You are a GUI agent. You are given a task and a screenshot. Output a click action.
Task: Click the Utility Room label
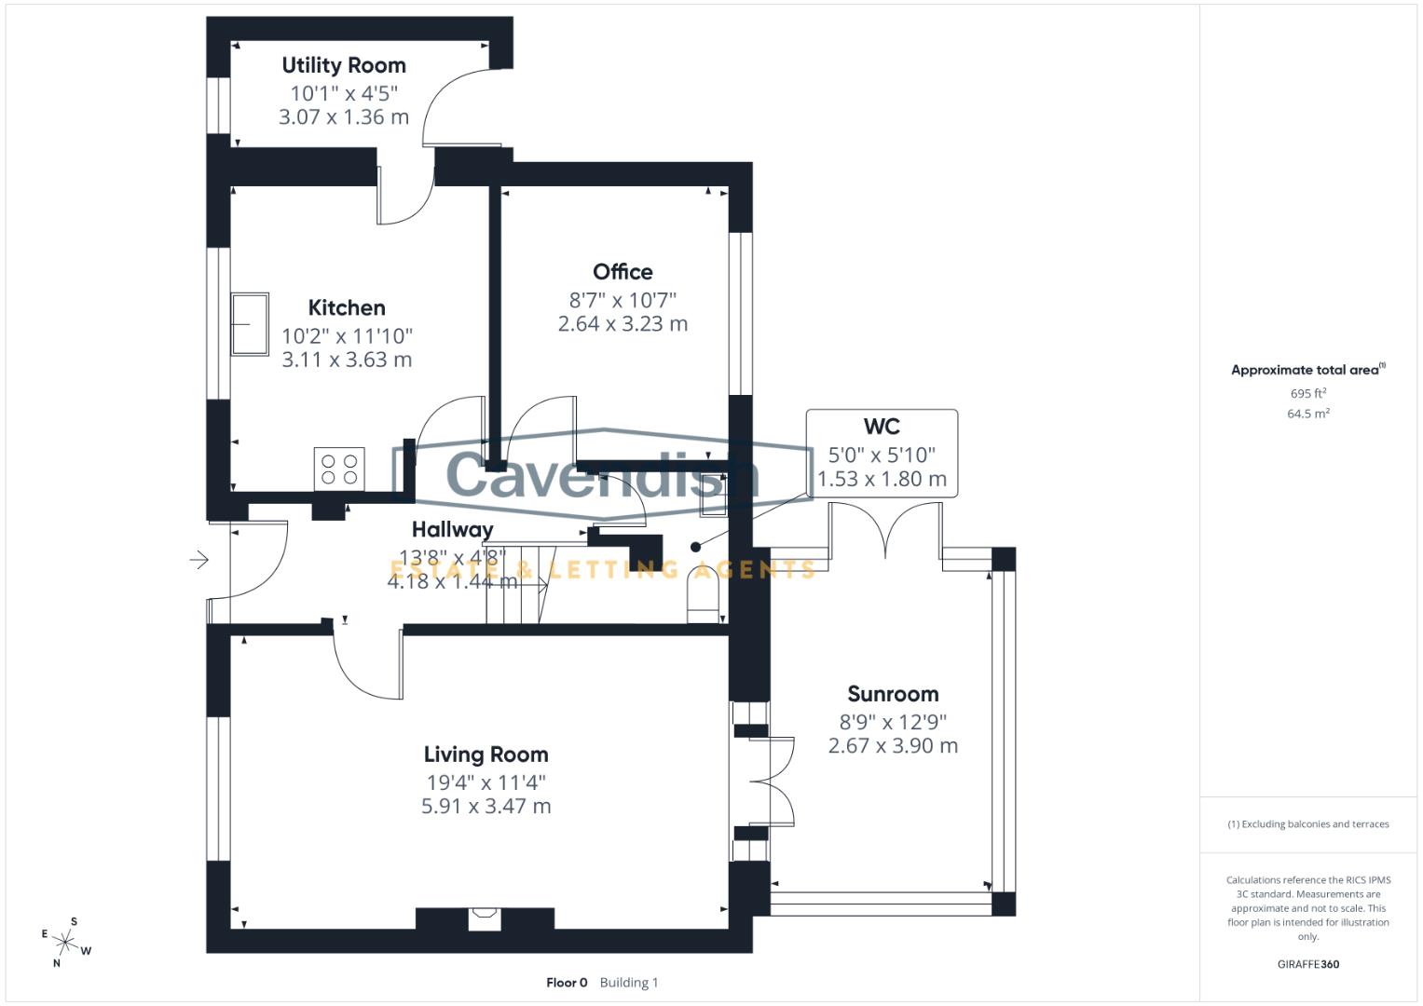pos(344,65)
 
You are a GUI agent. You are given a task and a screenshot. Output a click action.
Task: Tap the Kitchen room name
pos(347,307)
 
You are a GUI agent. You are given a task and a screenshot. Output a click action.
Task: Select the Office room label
pos(623,272)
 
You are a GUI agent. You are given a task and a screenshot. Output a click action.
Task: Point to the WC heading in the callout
pos(882,427)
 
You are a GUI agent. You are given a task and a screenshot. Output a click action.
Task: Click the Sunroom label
pos(893,694)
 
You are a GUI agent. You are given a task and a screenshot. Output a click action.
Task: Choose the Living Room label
pos(486,754)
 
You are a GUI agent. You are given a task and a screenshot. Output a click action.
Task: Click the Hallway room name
pos(453,529)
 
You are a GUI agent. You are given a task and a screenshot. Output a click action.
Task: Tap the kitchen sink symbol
pos(250,324)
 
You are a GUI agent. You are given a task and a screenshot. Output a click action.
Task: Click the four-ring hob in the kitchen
pos(339,469)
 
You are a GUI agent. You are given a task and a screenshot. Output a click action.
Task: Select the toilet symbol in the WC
pos(705,592)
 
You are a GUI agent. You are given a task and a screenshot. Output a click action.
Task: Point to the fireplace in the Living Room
pos(485,918)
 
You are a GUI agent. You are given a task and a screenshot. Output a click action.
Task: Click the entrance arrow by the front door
pos(198,560)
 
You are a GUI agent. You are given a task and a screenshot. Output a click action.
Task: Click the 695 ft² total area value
pos(1307,394)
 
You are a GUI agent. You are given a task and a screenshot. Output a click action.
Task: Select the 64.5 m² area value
pos(1307,414)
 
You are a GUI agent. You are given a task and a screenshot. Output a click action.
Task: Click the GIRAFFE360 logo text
pos(1307,964)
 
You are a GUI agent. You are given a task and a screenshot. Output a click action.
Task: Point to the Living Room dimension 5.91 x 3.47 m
pos(486,807)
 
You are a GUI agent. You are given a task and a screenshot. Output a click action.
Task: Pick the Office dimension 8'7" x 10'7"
pos(623,300)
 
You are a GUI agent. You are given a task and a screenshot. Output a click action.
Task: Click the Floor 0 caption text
pos(567,983)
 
